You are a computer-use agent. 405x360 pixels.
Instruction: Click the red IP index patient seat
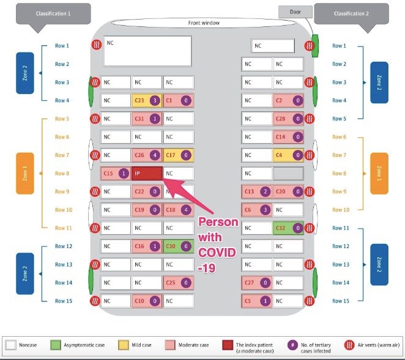click(147, 174)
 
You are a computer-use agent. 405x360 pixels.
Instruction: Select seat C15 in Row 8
click(116, 174)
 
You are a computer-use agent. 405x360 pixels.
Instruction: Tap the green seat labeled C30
click(179, 246)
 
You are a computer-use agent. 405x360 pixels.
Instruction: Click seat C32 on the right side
click(288, 228)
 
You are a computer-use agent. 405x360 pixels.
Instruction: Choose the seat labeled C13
click(256, 192)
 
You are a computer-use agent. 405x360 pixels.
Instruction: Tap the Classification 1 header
click(53, 13)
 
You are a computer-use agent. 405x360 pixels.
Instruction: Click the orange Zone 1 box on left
click(24, 174)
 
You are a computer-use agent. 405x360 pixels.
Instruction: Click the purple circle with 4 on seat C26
click(155, 155)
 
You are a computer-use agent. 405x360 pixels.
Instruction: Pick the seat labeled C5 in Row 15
click(256, 301)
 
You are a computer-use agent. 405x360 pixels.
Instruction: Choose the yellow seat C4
click(288, 155)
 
